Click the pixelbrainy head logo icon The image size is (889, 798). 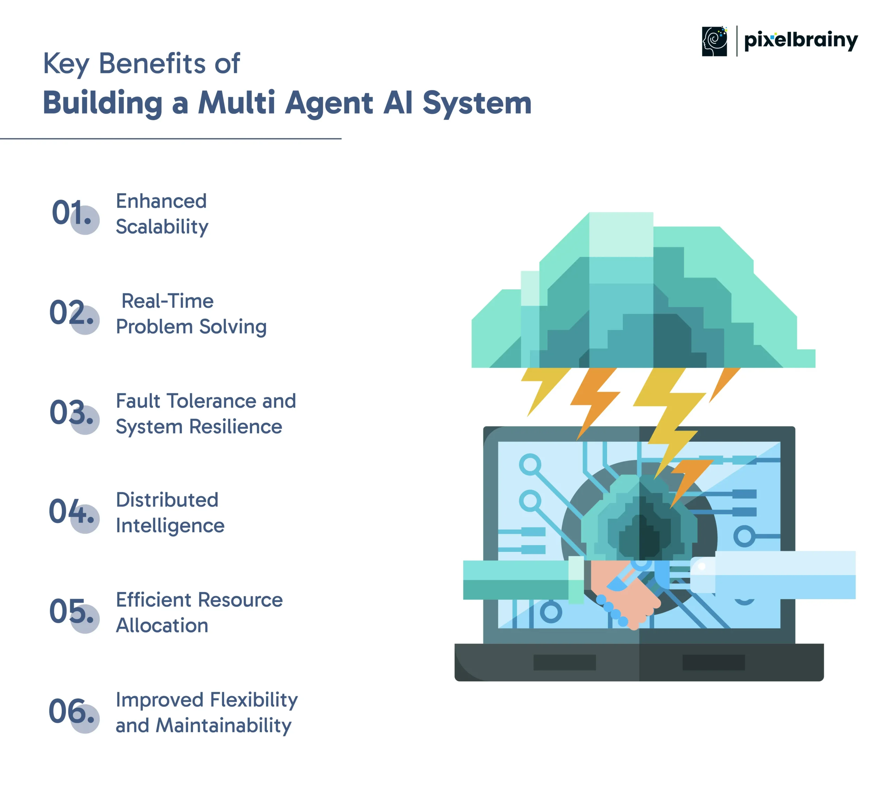(x=714, y=41)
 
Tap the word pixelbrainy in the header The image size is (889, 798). (x=801, y=40)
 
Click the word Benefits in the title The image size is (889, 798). (x=152, y=63)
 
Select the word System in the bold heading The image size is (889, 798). (x=477, y=103)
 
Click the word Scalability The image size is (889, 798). (x=162, y=227)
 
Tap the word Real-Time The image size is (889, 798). (x=167, y=301)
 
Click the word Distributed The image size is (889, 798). (x=167, y=500)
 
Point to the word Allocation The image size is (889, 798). (x=162, y=626)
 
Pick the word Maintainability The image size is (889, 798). (x=224, y=726)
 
